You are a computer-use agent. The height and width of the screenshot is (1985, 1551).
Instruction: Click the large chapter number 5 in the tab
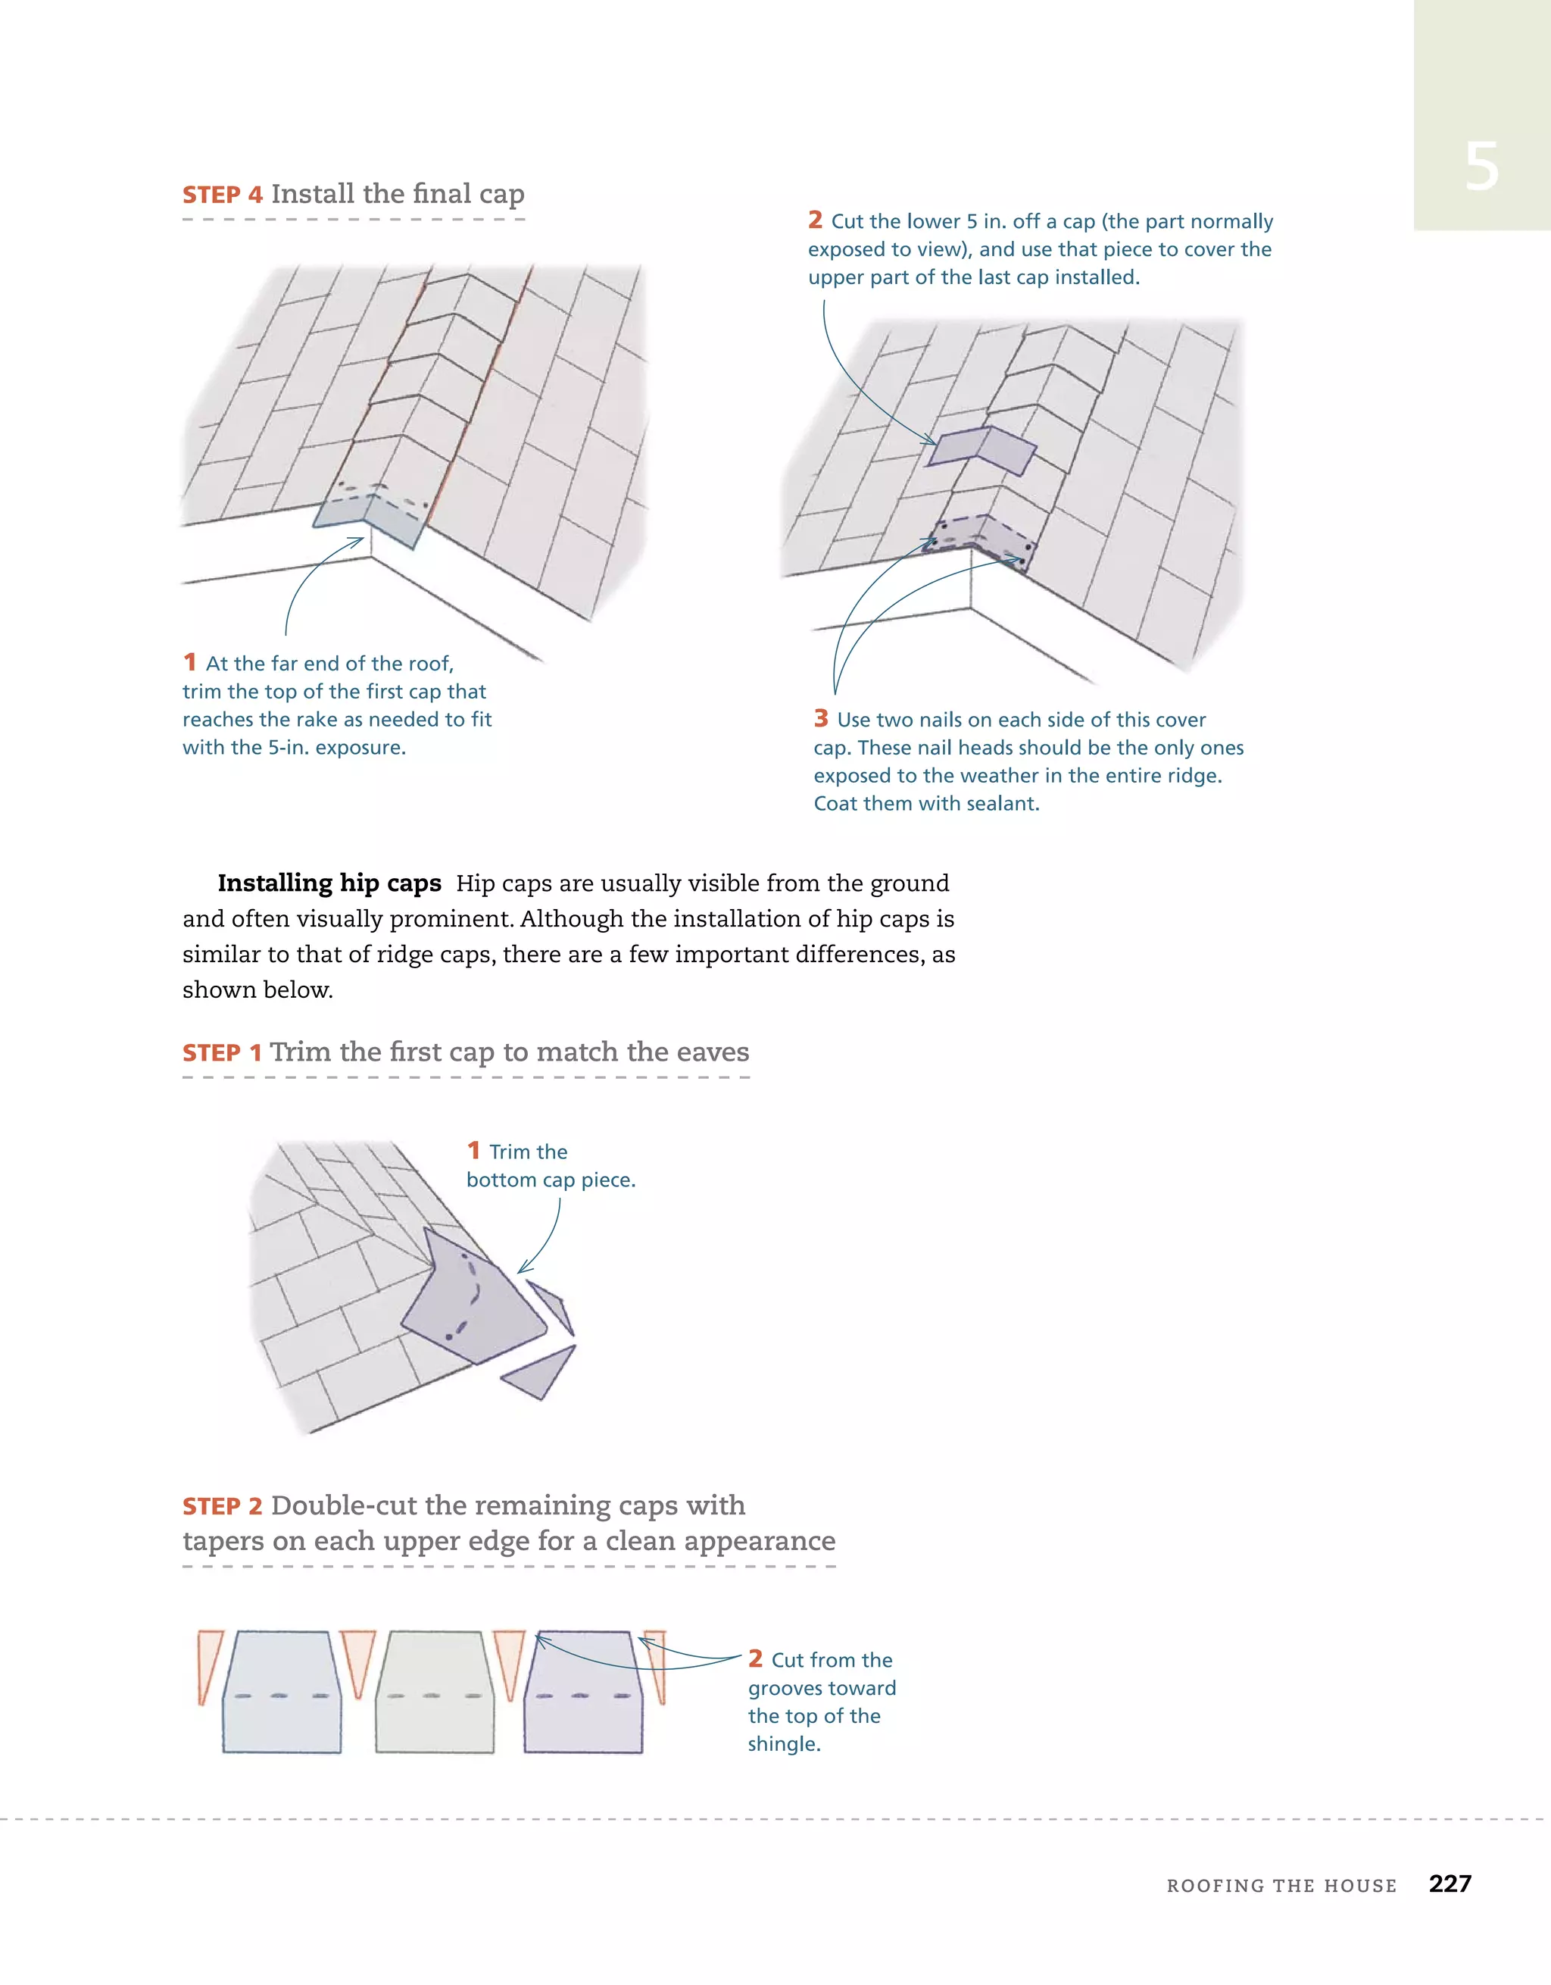pyautogui.click(x=1481, y=167)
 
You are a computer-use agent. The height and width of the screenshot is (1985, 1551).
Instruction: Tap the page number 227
pyautogui.click(x=1450, y=1883)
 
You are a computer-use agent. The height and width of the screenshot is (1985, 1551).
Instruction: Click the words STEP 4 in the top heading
pyautogui.click(x=223, y=195)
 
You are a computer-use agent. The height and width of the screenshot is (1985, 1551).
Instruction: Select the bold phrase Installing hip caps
pyautogui.click(x=329, y=883)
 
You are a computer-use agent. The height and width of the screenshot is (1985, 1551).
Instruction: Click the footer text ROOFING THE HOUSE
pyautogui.click(x=1281, y=1886)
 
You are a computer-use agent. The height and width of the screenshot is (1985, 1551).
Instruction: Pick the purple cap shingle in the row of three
pyautogui.click(x=583, y=1693)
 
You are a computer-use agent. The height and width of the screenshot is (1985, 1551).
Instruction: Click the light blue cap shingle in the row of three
pyautogui.click(x=282, y=1693)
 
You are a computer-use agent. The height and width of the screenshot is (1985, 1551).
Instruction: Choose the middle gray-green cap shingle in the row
pyautogui.click(x=434, y=1693)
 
